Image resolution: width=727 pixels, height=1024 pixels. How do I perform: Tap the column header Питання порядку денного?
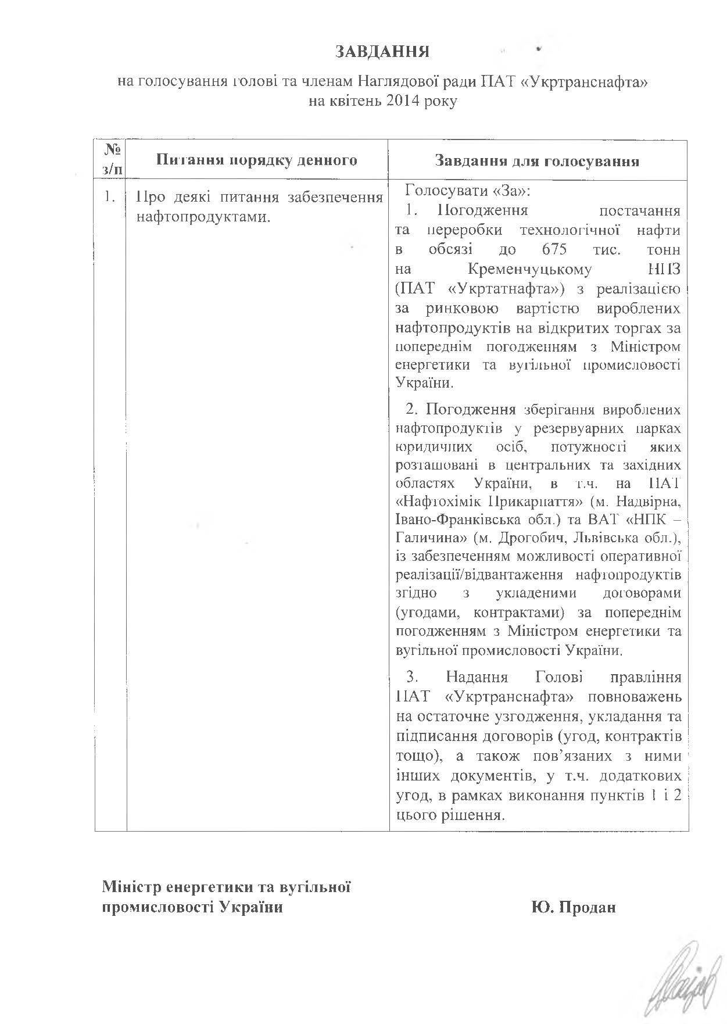point(257,160)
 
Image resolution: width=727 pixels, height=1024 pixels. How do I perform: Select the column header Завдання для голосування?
point(537,161)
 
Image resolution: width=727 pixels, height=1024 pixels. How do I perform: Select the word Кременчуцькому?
point(529,269)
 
